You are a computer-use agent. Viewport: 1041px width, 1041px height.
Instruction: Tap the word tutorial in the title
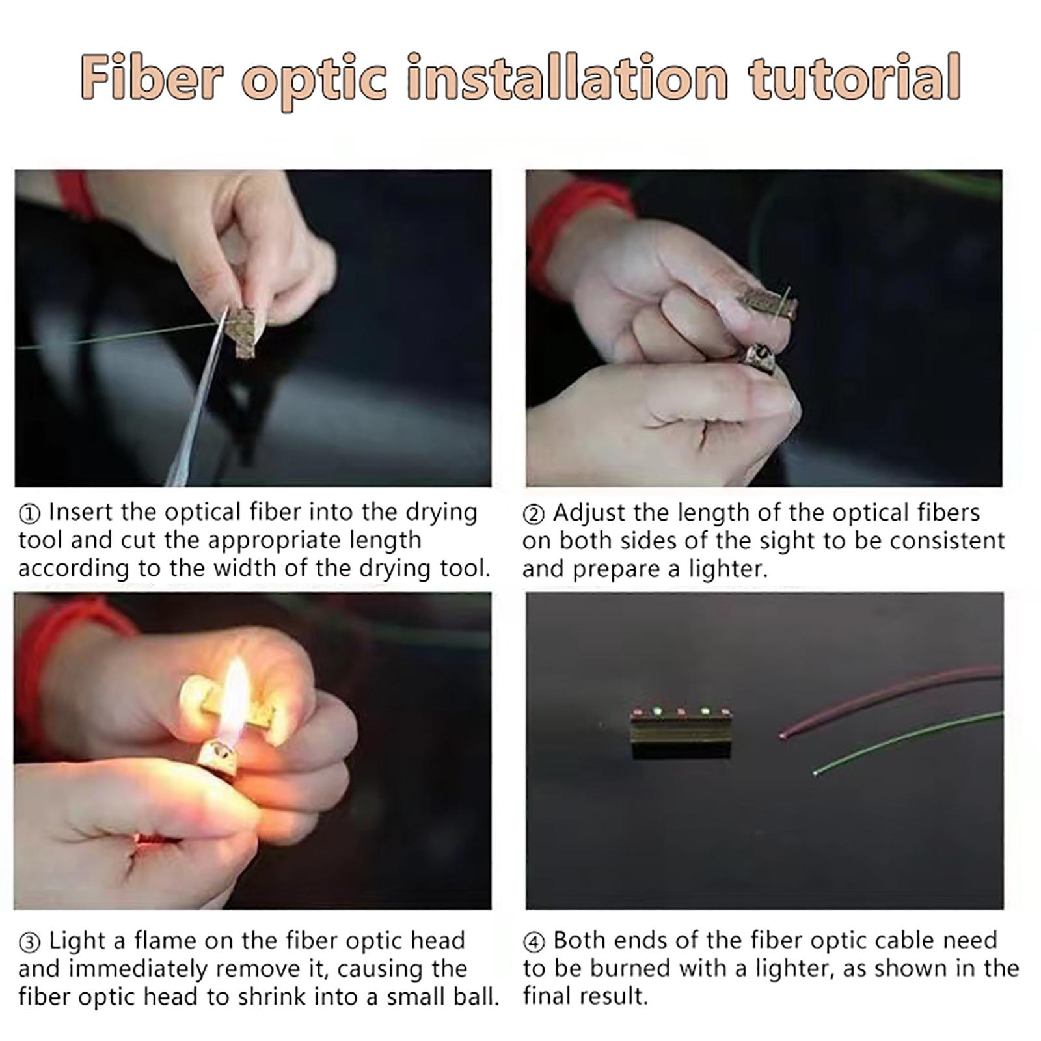[x=854, y=78]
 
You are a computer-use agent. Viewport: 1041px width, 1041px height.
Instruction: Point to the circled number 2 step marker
[x=534, y=515]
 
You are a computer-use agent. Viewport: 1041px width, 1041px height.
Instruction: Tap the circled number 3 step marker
[x=30, y=943]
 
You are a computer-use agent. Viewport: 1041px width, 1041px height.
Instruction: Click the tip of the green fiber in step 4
[x=817, y=772]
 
